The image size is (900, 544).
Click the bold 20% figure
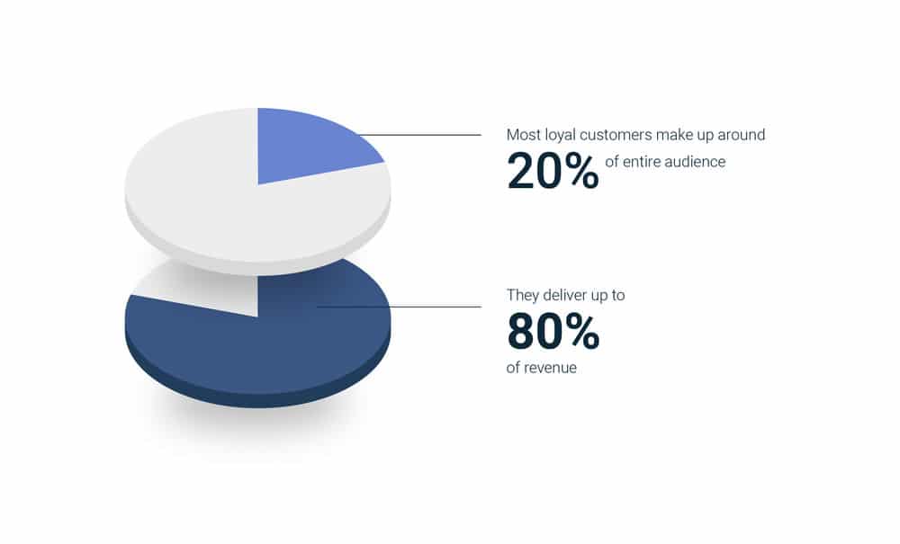tap(553, 172)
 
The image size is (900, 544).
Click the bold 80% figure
tap(553, 331)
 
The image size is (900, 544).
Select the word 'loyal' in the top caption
tap(559, 135)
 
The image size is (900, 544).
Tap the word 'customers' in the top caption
tap(616, 135)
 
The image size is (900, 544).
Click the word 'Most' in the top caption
tap(522, 135)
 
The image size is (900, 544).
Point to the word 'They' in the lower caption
tap(522, 295)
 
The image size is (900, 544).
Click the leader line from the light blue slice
tap(420, 135)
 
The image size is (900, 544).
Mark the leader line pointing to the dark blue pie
tap(399, 307)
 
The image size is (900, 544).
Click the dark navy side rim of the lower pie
tap(258, 399)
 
